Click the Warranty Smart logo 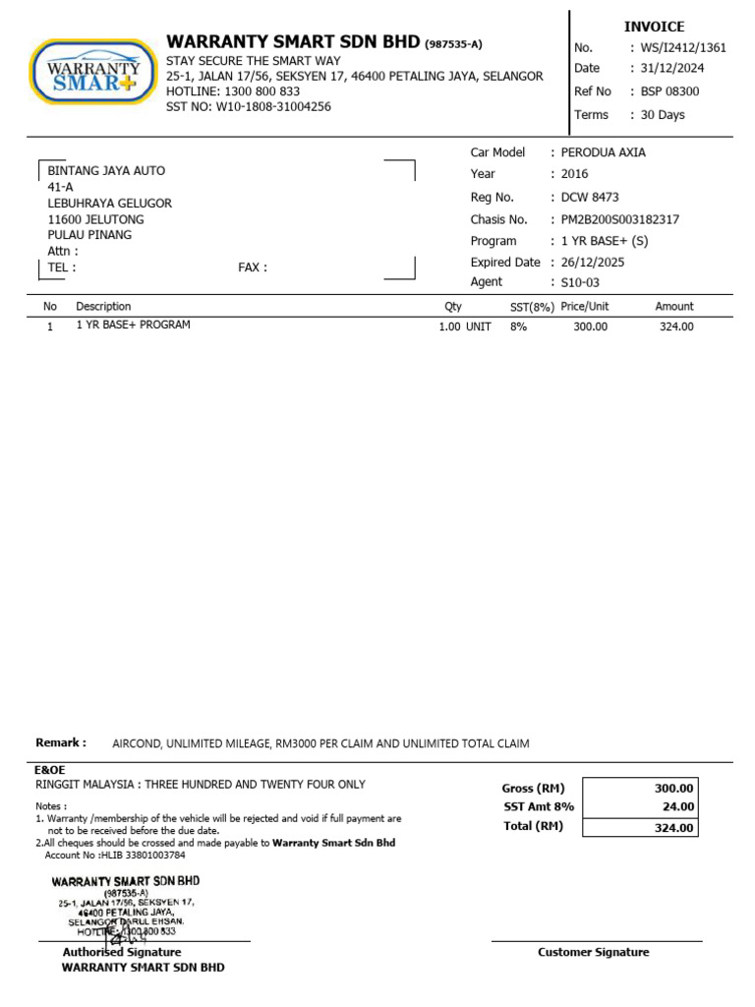point(93,71)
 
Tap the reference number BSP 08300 point(669,91)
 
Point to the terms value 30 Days point(663,115)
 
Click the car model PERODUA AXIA point(604,152)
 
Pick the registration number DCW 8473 point(590,197)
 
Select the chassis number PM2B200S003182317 point(619,219)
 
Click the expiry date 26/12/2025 point(593,263)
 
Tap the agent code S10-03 point(580,282)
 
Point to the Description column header point(103,307)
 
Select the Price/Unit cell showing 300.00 point(590,326)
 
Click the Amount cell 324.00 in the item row point(676,326)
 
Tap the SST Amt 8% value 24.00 point(678,807)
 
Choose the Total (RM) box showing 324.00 point(674,828)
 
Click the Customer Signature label point(593,952)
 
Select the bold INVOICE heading point(654,27)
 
